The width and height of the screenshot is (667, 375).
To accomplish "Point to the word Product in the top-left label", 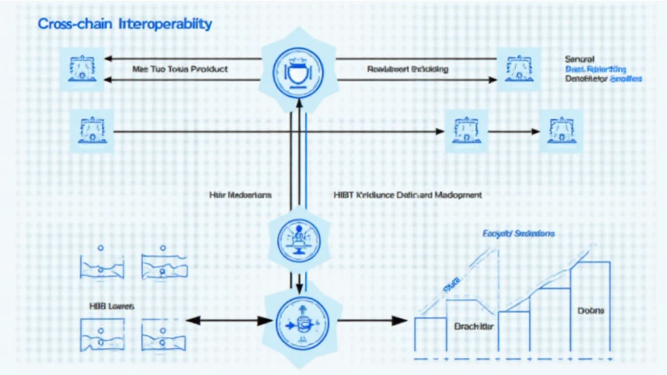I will (210, 69).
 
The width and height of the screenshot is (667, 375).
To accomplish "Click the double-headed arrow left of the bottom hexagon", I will (229, 320).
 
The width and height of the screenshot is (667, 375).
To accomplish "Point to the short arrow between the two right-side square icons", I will (515, 132).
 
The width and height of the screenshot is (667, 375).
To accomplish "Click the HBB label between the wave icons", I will (111, 305).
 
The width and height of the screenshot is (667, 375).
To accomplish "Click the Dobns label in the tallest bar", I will (591, 311).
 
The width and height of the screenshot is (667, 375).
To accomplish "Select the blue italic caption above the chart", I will (519, 233).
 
